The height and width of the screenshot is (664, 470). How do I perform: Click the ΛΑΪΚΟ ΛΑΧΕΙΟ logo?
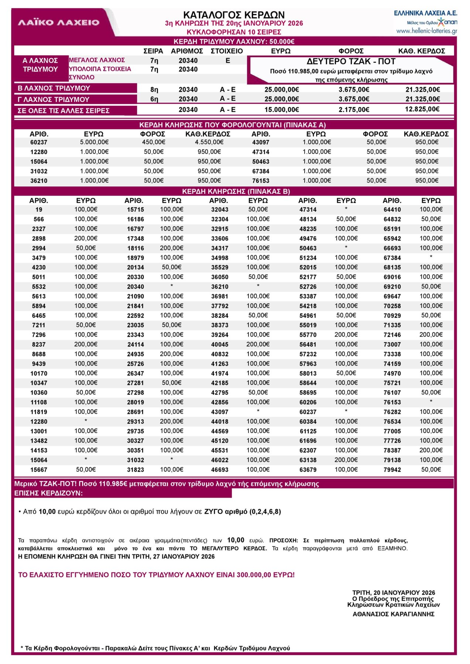59,23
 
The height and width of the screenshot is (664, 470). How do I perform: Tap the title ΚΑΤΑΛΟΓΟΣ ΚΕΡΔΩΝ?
234,15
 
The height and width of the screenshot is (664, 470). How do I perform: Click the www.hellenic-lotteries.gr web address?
426,31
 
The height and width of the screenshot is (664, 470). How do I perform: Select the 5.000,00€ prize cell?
94,142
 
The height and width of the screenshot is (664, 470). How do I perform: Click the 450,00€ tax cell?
154,142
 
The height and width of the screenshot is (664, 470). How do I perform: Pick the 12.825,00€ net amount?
422,109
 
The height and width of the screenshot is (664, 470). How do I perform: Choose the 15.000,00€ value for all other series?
281,110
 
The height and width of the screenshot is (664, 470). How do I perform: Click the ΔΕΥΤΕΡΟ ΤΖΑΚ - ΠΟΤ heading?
351,61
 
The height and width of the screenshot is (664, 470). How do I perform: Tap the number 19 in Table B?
39,210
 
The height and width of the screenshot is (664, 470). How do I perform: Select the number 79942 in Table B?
392,470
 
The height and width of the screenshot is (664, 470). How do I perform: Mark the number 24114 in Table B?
135,345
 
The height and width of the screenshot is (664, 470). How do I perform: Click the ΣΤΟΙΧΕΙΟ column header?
227,51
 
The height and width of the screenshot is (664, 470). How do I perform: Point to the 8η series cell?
154,90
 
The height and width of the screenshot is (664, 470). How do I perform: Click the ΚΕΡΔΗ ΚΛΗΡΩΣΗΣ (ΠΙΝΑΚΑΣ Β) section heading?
236,191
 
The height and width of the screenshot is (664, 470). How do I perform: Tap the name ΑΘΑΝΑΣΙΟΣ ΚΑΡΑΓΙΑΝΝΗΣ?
393,614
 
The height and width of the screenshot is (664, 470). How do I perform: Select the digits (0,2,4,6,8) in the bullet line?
265,512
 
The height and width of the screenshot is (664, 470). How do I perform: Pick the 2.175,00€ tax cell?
354,110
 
